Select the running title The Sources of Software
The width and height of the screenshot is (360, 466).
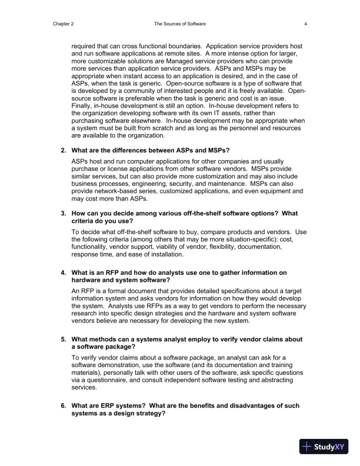pos(179,24)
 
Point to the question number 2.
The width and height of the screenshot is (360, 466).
pos(64,149)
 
